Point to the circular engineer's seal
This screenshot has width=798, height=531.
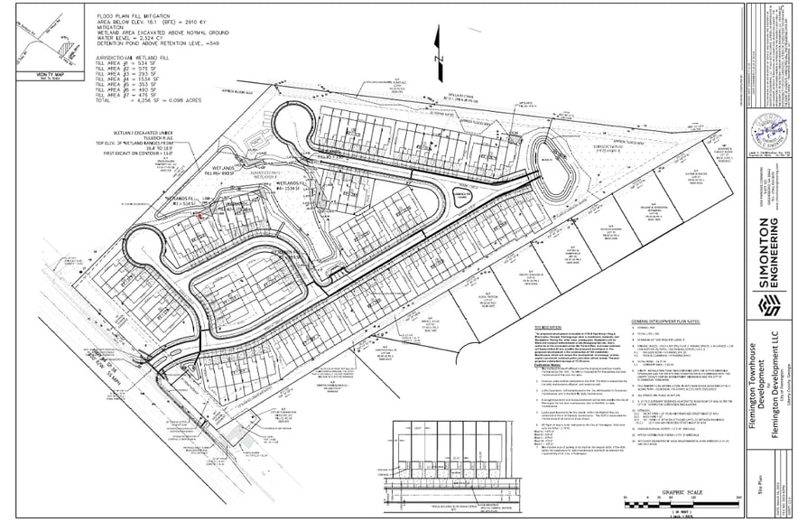pyautogui.click(x=770, y=131)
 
